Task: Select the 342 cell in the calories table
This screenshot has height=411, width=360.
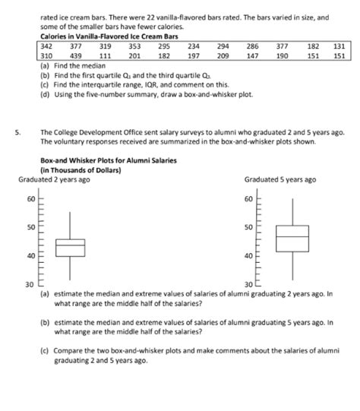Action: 46,46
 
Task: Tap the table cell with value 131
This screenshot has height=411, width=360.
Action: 339,46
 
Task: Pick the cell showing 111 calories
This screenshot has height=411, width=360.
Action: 106,56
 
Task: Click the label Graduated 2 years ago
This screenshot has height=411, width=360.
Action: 54,179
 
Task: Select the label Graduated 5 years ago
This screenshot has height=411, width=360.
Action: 280,179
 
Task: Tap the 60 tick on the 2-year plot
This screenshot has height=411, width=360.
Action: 30,198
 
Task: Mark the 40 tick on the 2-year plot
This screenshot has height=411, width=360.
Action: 30,255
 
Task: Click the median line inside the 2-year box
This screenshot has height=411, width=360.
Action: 70,245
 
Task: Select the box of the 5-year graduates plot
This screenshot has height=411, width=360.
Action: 292,238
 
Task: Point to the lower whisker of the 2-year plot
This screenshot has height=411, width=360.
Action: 70,267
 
